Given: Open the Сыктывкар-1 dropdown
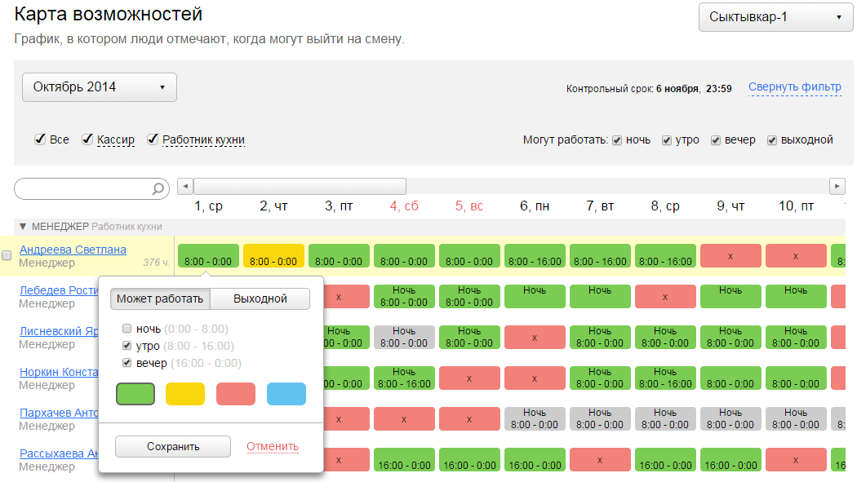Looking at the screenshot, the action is [x=775, y=17].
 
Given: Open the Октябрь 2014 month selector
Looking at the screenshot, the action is [x=99, y=87].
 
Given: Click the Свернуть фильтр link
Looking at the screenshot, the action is [x=794, y=87].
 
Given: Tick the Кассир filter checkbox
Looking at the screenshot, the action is [x=87, y=139].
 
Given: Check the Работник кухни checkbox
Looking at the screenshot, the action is [x=153, y=139].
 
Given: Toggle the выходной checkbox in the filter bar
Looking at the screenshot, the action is [x=772, y=140].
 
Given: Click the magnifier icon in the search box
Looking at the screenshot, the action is [x=158, y=189].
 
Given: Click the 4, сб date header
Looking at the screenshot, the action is [x=404, y=206].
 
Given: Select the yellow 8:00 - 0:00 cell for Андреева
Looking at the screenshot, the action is [x=273, y=256].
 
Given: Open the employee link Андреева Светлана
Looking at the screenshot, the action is [x=73, y=250].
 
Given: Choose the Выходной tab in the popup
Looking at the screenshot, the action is [x=260, y=298].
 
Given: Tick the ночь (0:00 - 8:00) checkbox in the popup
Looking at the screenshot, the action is [x=127, y=329].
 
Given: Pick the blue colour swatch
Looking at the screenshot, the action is [x=286, y=394].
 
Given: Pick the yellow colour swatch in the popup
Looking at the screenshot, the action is [x=185, y=394].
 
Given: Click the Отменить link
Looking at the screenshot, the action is [x=272, y=446].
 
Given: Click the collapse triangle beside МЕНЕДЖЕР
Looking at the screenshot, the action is [x=23, y=227].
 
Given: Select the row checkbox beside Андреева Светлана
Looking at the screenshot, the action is [x=7, y=255].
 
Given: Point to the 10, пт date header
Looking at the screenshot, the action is [x=796, y=206].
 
